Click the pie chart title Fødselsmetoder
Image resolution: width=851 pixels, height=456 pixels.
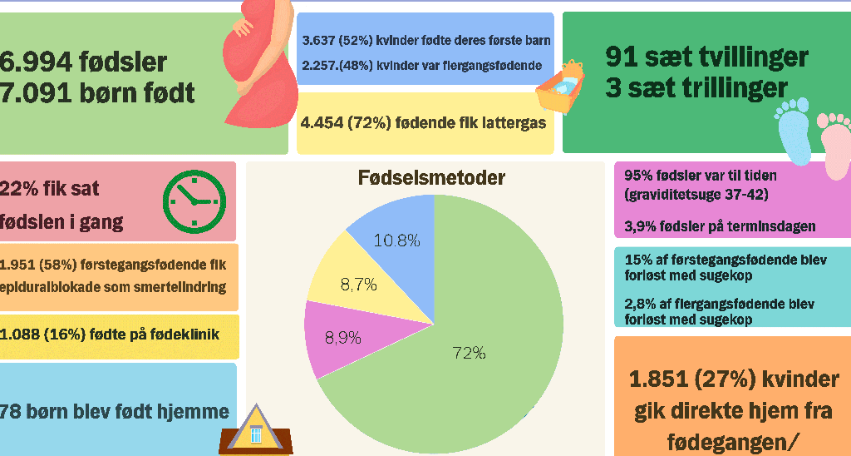point(431,178)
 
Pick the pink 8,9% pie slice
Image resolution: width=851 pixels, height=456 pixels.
point(347,337)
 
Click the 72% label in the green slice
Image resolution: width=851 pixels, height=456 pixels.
point(470,354)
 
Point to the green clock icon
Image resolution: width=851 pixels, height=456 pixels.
point(194,201)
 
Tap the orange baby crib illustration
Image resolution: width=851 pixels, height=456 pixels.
point(561,87)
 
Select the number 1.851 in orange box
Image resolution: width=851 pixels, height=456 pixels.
point(659,379)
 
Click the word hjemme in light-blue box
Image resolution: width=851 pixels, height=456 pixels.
point(193,411)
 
